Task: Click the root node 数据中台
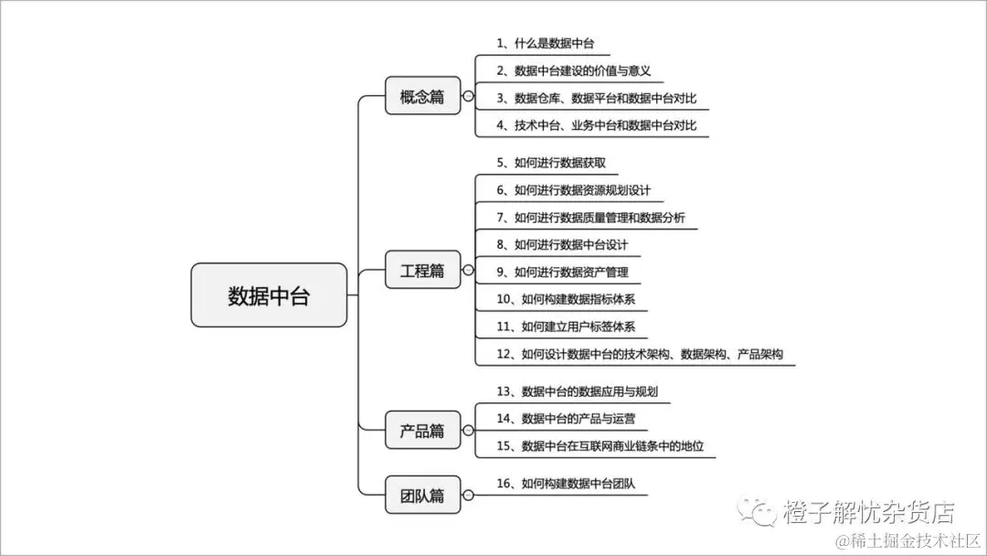point(269,295)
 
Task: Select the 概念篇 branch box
point(422,96)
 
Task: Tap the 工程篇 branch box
point(422,270)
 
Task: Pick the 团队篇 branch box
point(422,496)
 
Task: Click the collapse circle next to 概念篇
point(468,96)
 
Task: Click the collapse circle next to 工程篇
point(468,270)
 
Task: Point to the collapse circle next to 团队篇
point(468,496)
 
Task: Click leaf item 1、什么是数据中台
point(547,43)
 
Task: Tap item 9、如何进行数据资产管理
point(562,272)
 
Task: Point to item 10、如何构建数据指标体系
point(566,299)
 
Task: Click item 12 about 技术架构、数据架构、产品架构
point(640,354)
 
